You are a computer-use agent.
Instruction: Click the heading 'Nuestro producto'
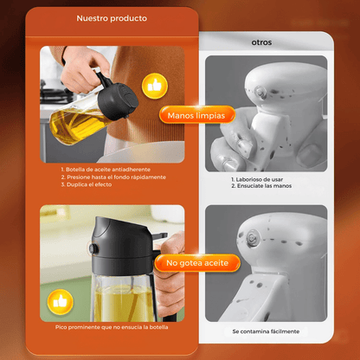coord(112,17)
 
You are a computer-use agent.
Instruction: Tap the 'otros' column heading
coord(260,41)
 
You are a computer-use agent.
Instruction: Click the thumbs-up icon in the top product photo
coord(156,85)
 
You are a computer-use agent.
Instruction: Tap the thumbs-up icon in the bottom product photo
coord(59,300)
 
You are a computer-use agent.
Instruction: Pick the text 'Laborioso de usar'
coord(257,179)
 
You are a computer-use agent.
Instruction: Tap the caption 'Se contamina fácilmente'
coord(266,331)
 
